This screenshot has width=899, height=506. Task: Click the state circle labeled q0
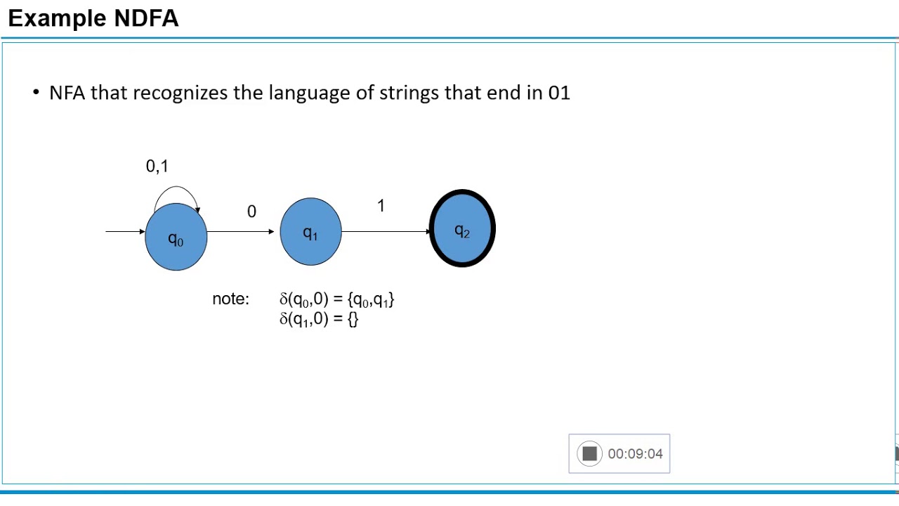tap(176, 238)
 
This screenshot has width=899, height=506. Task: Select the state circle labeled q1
tap(310, 232)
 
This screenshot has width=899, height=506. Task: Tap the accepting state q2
tap(462, 229)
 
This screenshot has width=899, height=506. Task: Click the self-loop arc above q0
tap(176, 188)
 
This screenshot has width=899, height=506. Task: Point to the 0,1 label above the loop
tap(157, 167)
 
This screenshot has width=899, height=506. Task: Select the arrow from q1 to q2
tap(385, 231)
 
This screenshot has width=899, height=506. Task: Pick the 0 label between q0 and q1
tap(251, 212)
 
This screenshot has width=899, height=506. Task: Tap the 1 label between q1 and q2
tap(381, 206)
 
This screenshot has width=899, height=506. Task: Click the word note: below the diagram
tap(230, 299)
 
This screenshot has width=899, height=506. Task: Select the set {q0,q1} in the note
tap(371, 299)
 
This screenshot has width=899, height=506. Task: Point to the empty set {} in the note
tap(353, 319)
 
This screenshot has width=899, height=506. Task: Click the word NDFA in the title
tap(146, 18)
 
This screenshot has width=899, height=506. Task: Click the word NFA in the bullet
tap(67, 93)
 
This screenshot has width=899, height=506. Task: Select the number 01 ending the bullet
tap(559, 93)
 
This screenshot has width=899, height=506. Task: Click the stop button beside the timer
tap(589, 454)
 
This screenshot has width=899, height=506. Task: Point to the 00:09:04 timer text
tap(635, 454)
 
